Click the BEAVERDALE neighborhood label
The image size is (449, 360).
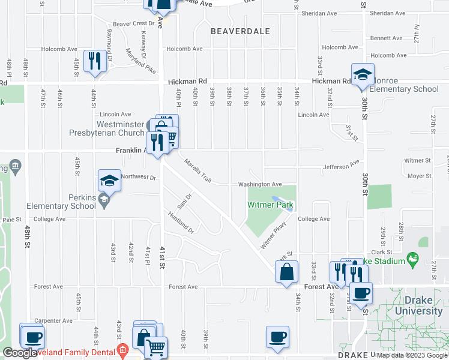[x=240, y=31]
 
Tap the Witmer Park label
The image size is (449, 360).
[x=271, y=205]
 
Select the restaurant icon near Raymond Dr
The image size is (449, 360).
[x=95, y=61]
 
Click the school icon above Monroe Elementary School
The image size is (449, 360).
[x=363, y=75]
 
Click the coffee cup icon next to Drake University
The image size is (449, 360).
[x=361, y=293]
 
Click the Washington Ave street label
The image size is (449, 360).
[x=260, y=184]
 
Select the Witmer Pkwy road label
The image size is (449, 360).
[x=271, y=234]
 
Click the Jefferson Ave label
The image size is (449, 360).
[x=340, y=167]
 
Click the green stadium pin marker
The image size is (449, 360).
[x=412, y=260]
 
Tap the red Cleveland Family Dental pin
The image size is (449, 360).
[x=123, y=350]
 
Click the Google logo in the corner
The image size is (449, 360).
[x=20, y=353]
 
